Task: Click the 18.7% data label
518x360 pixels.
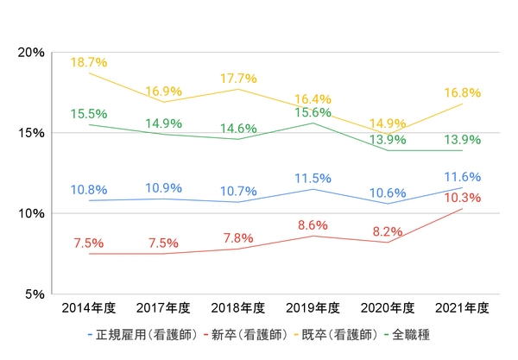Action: pos(89,63)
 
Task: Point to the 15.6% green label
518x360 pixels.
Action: pos(314,112)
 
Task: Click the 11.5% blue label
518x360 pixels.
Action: pos(314,178)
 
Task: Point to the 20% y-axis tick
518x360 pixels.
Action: pos(31,52)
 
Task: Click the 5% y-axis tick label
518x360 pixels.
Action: pos(35,294)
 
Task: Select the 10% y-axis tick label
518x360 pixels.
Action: pos(31,213)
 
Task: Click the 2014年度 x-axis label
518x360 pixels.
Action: pos(89,308)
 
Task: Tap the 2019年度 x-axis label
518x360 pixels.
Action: pos(314,308)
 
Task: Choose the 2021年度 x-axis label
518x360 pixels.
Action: pos(464,308)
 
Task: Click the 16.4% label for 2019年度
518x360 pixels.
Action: pos(314,98)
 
